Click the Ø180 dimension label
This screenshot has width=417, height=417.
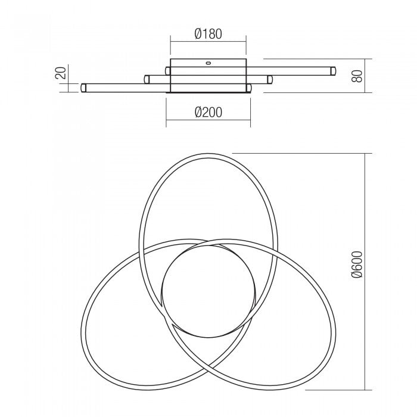tap(208, 34)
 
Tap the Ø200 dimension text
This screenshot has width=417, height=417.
tap(208, 112)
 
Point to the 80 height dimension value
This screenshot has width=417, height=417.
tap(357, 76)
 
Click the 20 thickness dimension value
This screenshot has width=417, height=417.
tap(59, 73)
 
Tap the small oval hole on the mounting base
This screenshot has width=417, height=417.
tap(208, 61)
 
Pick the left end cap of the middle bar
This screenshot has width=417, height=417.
tap(147, 78)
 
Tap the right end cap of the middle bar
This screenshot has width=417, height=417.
tap(270, 79)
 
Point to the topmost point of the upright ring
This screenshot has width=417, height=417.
tap(208, 154)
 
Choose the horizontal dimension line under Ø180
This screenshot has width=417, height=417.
tap(208, 41)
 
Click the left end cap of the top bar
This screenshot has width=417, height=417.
tap(169, 71)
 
